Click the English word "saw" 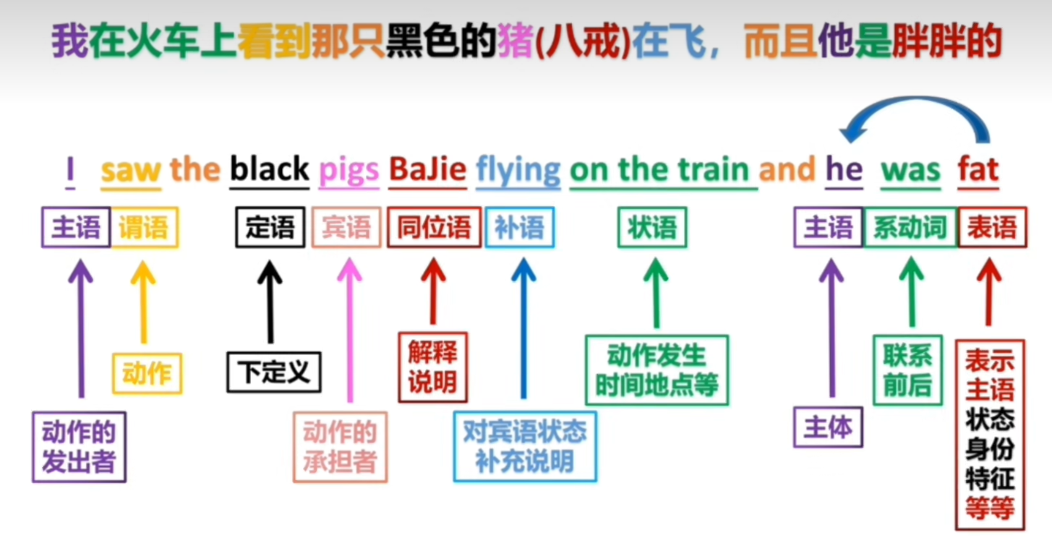[131, 171]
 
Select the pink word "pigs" [349, 171]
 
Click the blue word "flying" [518, 171]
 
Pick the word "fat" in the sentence [978, 170]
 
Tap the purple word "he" [844, 170]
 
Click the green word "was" [910, 171]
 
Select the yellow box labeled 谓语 [144, 228]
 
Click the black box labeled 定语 [270, 228]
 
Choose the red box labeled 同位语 [434, 228]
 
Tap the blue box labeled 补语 [519, 228]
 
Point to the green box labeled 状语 [652, 228]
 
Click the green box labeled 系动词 [910, 228]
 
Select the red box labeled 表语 [992, 228]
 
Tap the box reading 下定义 [274, 372]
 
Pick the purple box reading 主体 [828, 427]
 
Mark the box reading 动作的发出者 [79, 447]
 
